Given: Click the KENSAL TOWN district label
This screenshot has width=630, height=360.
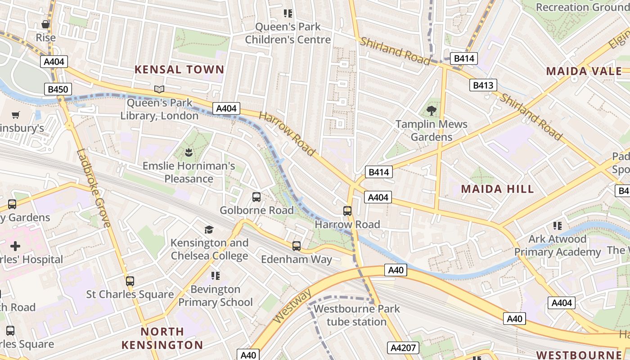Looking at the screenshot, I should point(179,69).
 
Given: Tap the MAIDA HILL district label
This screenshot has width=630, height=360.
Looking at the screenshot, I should point(497,189).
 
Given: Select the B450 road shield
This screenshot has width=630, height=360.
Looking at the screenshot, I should point(58,89).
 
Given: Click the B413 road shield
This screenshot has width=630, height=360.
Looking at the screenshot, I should point(483,85).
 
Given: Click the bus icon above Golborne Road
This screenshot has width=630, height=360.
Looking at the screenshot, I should point(256,197).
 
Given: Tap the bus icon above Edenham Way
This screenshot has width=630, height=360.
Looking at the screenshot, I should point(296,246).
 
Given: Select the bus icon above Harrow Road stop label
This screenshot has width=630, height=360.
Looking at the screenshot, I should point(347,211).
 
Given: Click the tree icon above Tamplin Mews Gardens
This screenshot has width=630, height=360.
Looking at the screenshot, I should point(432,110).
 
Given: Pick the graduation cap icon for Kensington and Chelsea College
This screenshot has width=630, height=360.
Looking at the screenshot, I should point(209,229).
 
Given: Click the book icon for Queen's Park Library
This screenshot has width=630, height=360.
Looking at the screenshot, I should point(159,89).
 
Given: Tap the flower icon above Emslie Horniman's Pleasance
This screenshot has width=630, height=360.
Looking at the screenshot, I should point(189,153).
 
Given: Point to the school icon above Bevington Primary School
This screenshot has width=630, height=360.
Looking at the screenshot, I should point(215,275).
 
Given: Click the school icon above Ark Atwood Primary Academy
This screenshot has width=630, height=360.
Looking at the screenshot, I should point(558,225).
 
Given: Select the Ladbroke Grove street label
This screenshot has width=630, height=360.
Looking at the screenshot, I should point(94,188).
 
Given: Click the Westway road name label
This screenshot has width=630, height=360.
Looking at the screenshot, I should point(292,306).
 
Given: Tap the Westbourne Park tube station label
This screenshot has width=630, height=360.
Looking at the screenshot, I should point(356,315).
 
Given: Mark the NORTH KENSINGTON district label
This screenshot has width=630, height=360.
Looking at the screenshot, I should point(162,338).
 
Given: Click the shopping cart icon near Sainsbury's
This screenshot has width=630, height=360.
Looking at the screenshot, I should point(16,115).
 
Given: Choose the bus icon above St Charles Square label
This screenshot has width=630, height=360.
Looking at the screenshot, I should point(130,281).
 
